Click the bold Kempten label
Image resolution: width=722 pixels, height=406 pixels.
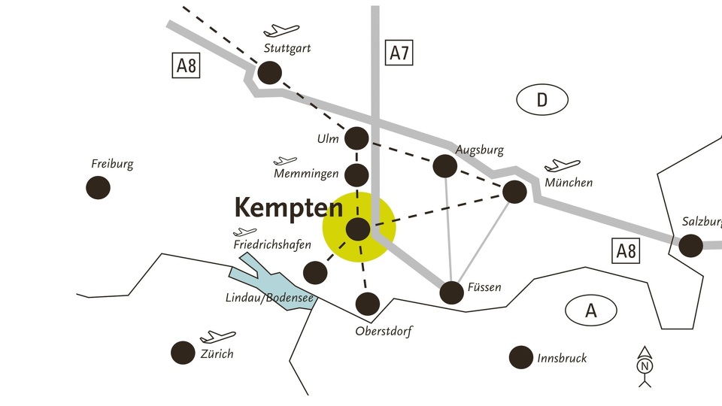click(x=289, y=208)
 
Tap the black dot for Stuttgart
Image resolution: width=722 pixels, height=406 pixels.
click(x=270, y=73)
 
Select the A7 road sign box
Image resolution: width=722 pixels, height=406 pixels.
click(x=399, y=53)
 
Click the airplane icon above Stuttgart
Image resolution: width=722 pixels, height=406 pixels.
click(x=281, y=30)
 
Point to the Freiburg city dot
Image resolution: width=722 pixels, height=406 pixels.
click(x=98, y=187)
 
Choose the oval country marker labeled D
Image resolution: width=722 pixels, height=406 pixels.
click(x=542, y=99)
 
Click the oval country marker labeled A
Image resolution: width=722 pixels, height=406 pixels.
click(x=591, y=311)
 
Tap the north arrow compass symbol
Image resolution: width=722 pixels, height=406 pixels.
click(x=645, y=367)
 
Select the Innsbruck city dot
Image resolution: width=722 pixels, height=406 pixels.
click(x=521, y=358)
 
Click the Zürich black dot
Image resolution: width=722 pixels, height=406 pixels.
click(x=183, y=353)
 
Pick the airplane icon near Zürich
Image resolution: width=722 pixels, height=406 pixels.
click(x=218, y=337)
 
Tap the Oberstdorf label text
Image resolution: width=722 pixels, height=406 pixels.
click(x=384, y=331)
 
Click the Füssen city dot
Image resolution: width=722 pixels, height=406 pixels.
click(x=452, y=292)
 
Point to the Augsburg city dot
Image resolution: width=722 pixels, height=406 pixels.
click(x=445, y=166)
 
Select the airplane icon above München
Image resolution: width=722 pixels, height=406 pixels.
click(x=563, y=165)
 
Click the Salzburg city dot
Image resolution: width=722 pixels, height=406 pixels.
click(x=691, y=245)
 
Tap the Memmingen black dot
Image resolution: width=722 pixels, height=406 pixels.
click(x=356, y=175)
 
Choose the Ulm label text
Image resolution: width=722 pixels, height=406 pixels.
click(x=328, y=138)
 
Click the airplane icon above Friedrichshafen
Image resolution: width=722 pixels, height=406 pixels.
click(x=245, y=232)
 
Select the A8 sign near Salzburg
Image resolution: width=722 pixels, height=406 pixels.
click(x=626, y=251)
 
